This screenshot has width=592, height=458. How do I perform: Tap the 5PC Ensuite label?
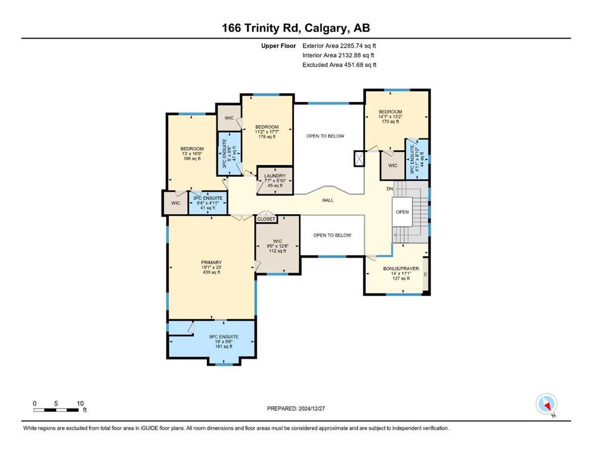224,341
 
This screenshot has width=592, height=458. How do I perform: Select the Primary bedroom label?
212,267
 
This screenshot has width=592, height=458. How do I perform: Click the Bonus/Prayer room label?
401,273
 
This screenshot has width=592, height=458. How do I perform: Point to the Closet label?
266,219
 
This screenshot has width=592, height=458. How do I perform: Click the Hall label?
328,200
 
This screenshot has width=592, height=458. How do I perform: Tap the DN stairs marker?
390,188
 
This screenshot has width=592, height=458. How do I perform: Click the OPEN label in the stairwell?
402,212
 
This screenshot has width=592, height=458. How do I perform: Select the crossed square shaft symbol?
359,159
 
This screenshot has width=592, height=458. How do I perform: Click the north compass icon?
546,404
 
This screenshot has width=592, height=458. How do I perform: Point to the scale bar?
56,410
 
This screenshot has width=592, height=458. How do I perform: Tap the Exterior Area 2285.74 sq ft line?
339,46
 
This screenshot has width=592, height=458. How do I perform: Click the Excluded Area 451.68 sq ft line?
339,64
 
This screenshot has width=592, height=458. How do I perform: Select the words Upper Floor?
278,46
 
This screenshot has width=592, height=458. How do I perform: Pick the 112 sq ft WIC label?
277,246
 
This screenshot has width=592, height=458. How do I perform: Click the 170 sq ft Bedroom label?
390,117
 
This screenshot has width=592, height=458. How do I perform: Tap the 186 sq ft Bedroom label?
192,154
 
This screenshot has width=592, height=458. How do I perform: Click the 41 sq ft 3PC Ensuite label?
207,203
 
